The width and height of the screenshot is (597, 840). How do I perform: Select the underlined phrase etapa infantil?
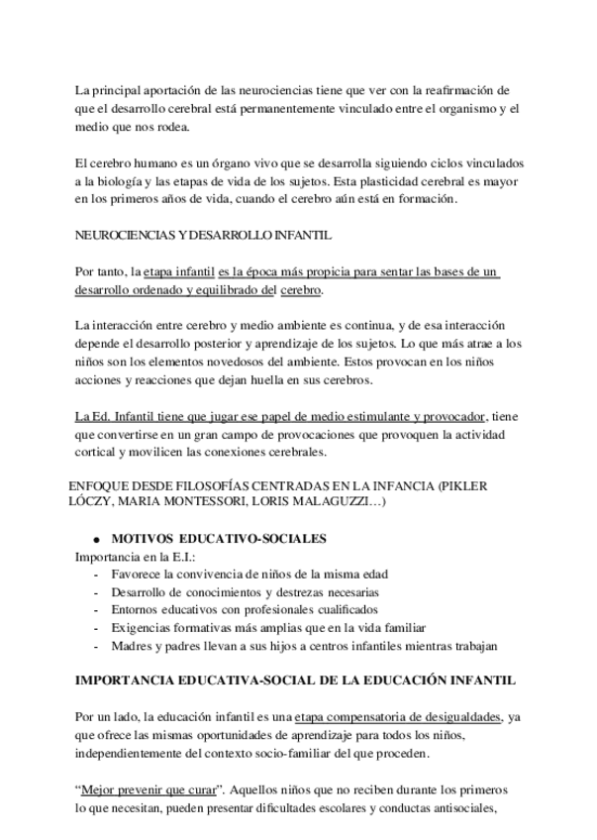pos(179,271)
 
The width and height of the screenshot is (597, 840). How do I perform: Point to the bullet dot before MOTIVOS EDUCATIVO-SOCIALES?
pos(96,540)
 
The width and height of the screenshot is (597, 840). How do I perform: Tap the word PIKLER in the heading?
pos(464,486)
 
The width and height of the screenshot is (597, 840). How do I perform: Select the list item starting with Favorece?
pos(249,575)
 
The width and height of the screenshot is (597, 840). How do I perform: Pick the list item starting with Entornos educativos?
pos(244,610)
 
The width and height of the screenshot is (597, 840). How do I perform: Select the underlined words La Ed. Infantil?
pos(112,416)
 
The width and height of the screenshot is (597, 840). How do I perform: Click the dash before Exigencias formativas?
pos(95,628)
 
